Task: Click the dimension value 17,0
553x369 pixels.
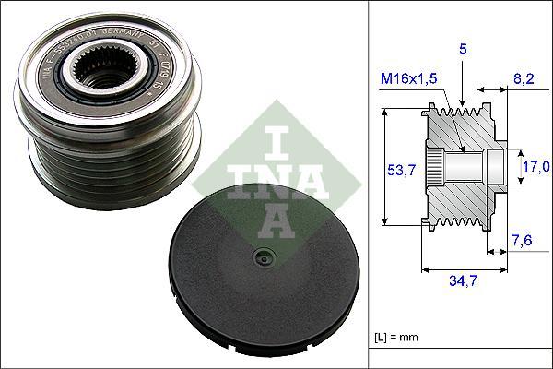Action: (536, 167)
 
